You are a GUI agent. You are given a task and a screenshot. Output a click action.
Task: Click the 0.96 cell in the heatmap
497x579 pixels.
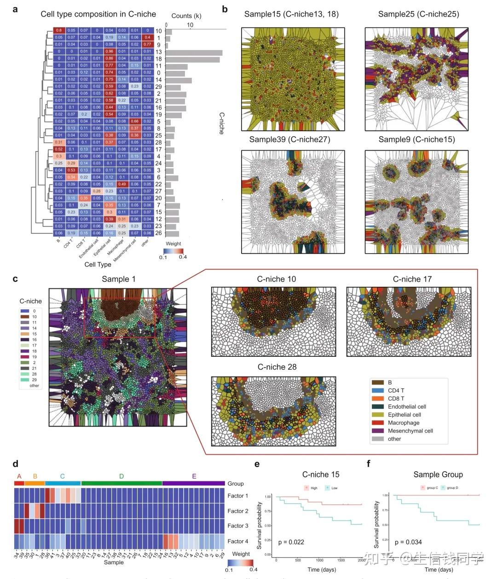point(109,52)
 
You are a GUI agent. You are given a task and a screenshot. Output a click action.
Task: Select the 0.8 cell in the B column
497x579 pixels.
point(58,31)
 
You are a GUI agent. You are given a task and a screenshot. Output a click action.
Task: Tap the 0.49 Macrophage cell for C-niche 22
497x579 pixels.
point(122,184)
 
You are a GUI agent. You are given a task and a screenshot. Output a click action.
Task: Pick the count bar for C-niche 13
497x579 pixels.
point(194,52)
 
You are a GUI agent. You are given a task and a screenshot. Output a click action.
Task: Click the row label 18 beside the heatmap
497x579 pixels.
point(159,59)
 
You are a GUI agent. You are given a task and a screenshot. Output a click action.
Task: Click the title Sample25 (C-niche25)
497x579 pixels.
point(418,14)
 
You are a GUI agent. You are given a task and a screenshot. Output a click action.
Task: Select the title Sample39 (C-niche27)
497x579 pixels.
point(289,139)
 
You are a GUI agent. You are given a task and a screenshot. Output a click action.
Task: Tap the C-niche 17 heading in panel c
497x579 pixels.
point(412,279)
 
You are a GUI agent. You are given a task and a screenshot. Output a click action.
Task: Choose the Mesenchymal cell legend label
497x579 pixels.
point(410,431)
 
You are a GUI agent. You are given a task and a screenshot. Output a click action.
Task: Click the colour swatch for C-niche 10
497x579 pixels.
point(25,317)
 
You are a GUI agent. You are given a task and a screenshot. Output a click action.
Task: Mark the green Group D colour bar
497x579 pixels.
point(121,483)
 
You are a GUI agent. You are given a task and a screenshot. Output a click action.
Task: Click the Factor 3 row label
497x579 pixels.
point(238,526)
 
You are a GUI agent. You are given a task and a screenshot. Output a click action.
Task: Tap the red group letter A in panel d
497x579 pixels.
point(19,476)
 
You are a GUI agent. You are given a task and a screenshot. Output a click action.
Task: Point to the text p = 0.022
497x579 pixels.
point(291,542)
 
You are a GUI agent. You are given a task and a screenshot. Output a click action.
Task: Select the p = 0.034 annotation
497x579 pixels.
point(408,542)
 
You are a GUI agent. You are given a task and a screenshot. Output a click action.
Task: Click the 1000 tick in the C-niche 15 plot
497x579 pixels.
point(319,560)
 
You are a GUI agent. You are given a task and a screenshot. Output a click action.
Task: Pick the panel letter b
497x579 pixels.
point(225,9)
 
